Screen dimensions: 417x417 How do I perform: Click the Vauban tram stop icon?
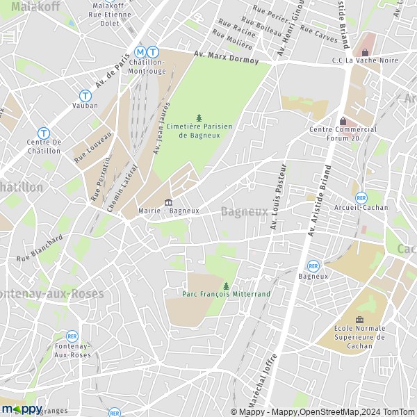(85, 95)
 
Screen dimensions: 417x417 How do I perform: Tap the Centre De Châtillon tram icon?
(43, 132)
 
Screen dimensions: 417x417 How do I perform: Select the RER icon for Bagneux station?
(313, 265)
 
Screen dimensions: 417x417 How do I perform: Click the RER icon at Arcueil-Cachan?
(361, 197)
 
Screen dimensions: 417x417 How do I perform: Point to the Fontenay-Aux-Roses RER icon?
(72, 336)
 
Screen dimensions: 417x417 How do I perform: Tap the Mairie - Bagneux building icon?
(167, 202)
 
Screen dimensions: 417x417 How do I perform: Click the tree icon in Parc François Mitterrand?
(226, 285)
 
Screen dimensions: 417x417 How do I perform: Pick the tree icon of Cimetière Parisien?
(199, 118)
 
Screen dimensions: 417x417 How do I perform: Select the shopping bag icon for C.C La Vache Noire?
(364, 53)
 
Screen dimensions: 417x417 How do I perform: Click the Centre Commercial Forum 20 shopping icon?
(343, 122)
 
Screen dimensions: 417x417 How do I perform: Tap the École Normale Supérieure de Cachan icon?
(359, 320)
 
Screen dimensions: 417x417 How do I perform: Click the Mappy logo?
(22, 409)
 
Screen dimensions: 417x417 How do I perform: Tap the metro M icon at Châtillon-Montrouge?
(141, 51)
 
